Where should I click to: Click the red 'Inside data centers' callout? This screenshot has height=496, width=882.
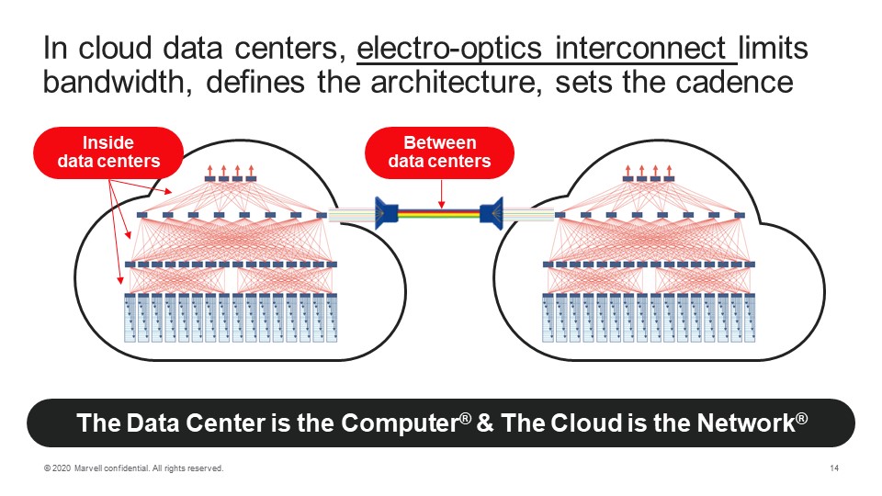click(x=108, y=152)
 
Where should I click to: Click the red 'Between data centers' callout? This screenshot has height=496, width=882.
click(x=439, y=152)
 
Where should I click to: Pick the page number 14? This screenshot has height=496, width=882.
click(x=834, y=469)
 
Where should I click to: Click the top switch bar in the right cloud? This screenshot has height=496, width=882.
click(x=641, y=178)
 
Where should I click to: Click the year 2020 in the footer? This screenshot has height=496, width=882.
click(x=62, y=469)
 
